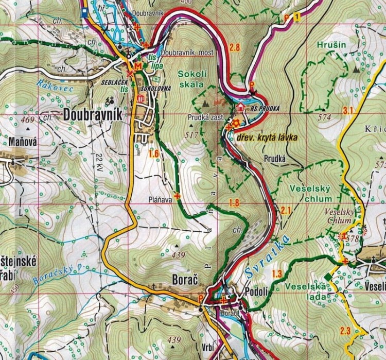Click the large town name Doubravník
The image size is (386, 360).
[x=93, y=115]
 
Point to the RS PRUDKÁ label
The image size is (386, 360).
[x=265, y=108]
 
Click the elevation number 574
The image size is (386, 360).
[x=324, y=117]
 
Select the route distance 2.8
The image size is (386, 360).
[x=235, y=48]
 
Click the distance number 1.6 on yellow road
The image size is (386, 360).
[x=153, y=153]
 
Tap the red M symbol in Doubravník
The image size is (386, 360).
[x=137, y=66]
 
